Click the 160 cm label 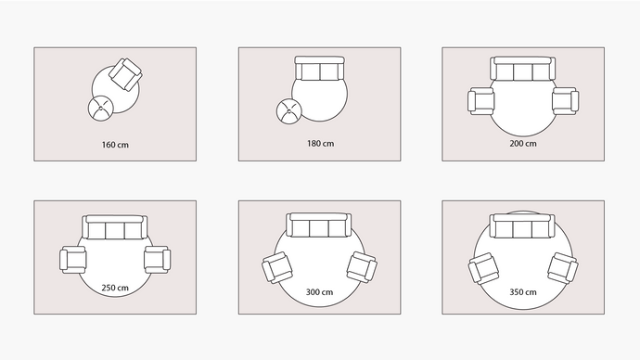tap(115, 145)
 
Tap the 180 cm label tap(320, 143)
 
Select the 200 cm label tap(523, 143)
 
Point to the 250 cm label tap(115, 288)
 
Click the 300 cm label tap(319, 292)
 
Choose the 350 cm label tap(523, 292)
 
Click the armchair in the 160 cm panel tap(126, 74)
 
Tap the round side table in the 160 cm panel tap(100, 109)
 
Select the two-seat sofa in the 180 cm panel tap(320, 68)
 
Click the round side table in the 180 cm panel tap(289, 111)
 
